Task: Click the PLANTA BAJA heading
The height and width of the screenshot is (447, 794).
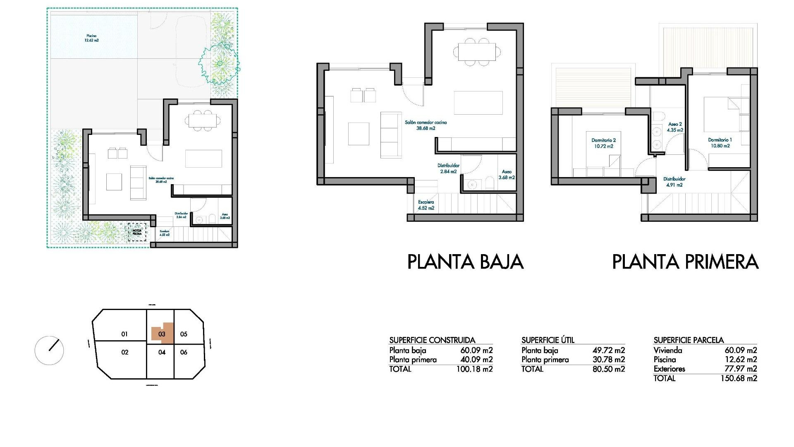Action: pos(465,262)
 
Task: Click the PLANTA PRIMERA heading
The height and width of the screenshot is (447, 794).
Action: pos(685,262)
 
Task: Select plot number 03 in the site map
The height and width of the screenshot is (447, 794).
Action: pos(162,334)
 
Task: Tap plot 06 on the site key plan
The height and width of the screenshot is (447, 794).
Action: pos(184,352)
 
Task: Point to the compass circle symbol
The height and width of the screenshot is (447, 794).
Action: pos(49,351)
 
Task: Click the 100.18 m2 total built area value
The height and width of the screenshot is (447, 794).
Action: pos(474,369)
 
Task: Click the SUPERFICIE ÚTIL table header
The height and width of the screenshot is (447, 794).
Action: pos(548,340)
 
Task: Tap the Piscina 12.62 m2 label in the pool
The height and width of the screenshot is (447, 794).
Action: pos(92,38)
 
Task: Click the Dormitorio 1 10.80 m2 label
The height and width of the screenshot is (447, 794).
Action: pos(720,143)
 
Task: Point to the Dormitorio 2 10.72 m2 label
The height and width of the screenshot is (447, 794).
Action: pos(603,143)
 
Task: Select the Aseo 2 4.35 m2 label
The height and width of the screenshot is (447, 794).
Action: pos(674,127)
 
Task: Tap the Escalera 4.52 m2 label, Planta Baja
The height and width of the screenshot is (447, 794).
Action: pos(426,205)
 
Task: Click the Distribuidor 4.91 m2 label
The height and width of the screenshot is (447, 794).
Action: pos(674,182)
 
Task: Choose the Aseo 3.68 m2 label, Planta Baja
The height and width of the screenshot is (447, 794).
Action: pos(507,174)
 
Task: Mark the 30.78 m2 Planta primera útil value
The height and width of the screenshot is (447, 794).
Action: pos(608,360)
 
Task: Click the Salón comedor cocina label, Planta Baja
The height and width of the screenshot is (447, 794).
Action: pos(426,125)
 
